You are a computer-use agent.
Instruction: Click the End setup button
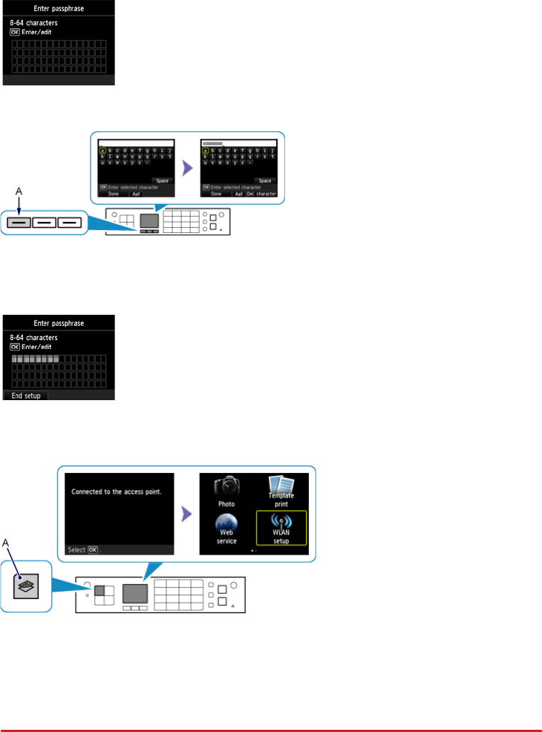point(27,396)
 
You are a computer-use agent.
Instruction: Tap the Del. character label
point(261,194)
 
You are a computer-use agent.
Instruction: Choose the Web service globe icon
point(227,526)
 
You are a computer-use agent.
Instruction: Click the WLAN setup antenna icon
point(281,523)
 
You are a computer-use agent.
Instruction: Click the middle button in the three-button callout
point(45,221)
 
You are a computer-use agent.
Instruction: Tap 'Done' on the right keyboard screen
point(216,194)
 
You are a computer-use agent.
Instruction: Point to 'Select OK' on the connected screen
point(82,550)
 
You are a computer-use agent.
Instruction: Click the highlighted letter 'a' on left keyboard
point(102,148)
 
